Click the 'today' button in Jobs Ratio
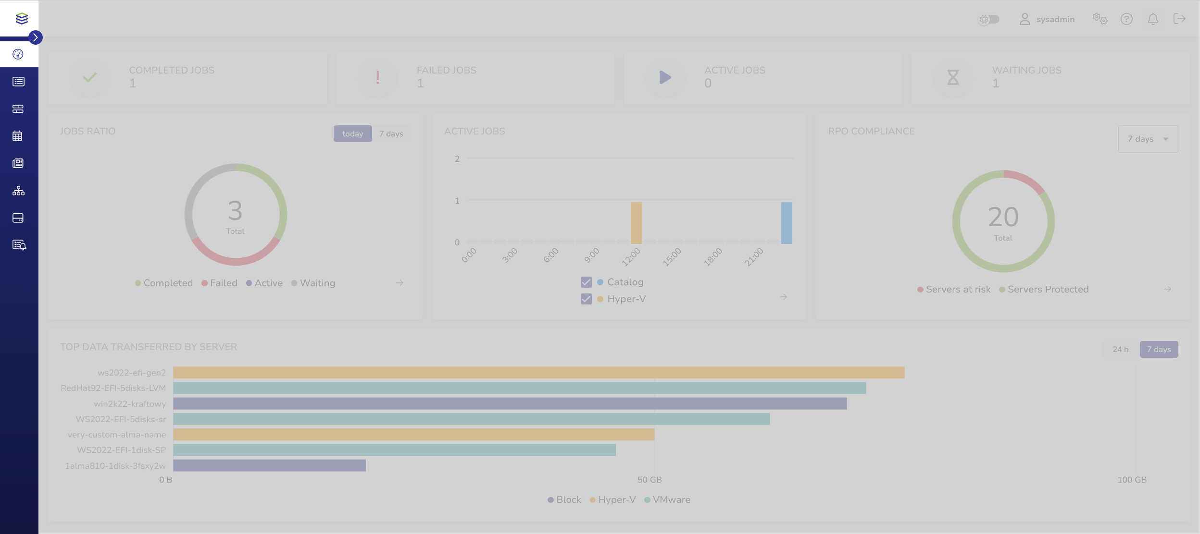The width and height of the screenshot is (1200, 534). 352,134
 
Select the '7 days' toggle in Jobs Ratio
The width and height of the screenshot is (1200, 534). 391,134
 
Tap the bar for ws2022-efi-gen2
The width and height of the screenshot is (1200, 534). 538,373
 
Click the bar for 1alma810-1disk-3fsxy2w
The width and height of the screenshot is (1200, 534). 269,465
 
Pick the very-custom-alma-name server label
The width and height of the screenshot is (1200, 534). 117,435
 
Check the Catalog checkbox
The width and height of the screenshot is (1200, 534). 586,282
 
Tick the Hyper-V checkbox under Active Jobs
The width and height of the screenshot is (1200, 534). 586,299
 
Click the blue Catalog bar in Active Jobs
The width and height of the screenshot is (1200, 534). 787,223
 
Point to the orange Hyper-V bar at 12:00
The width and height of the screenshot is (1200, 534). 636,223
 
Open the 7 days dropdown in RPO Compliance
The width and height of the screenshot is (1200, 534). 1148,139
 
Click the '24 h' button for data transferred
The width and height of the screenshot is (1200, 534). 1120,350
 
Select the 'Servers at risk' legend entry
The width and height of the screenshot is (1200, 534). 954,290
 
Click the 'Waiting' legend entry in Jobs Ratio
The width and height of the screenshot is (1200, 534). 313,283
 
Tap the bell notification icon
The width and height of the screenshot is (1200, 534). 1153,19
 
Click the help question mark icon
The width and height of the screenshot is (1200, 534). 1126,19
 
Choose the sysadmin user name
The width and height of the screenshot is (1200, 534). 1055,20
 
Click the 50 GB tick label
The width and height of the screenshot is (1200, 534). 650,480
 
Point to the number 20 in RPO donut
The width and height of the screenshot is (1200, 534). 1003,217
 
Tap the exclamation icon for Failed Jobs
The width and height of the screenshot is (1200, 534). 378,77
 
